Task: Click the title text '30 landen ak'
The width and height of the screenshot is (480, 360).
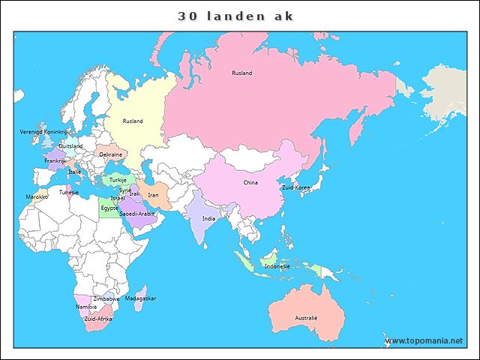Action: [x=236, y=16]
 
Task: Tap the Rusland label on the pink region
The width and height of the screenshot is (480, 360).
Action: [x=241, y=73]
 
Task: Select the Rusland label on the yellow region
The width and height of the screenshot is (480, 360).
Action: [x=133, y=121]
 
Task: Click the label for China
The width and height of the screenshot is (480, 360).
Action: [x=250, y=182]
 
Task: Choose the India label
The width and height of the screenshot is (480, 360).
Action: [x=208, y=218]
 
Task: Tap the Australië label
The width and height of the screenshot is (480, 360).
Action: [x=306, y=318]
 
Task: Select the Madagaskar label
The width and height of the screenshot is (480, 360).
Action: [x=140, y=298]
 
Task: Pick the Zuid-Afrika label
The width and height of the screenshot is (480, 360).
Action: [x=98, y=319]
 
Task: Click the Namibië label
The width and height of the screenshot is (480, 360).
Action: [x=86, y=307]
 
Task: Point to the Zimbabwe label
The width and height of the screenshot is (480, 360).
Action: [x=106, y=298]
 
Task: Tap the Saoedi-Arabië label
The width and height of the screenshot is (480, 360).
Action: [x=137, y=214]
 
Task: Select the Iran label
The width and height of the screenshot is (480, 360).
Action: [x=153, y=194]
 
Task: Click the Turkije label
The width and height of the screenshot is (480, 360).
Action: [x=118, y=180]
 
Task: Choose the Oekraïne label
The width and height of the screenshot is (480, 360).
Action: [x=111, y=154]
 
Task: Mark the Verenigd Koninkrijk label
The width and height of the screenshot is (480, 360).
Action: [x=43, y=131]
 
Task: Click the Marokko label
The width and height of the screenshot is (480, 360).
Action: [x=37, y=196]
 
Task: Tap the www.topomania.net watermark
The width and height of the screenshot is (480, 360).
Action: [x=424, y=340]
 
